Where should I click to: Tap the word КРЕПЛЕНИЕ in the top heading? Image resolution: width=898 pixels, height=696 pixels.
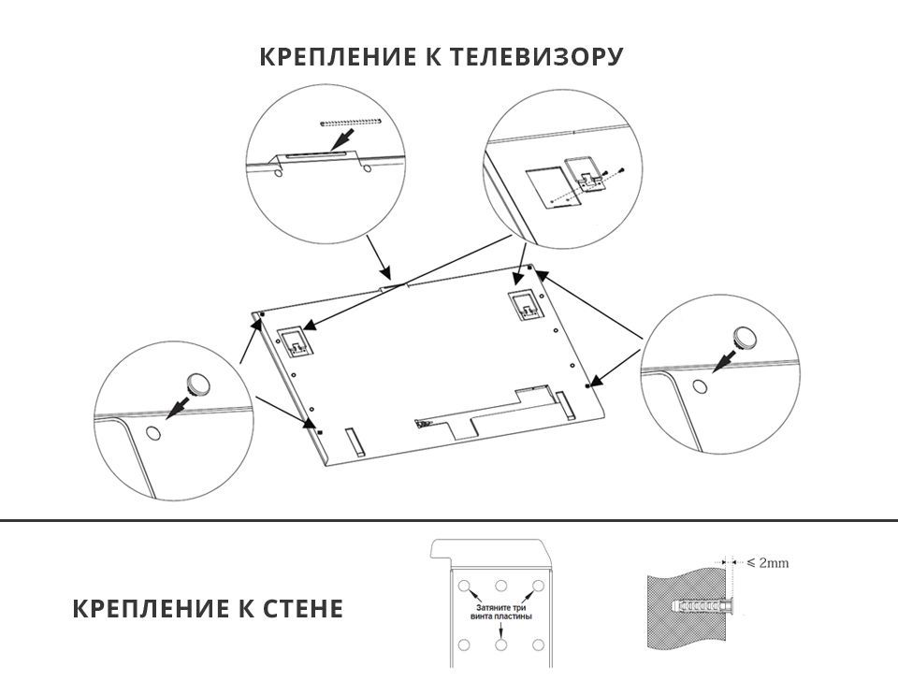click(331, 57)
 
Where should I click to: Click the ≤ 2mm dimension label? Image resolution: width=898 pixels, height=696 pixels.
click(768, 563)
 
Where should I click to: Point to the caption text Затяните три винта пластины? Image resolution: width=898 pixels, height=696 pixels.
click(501, 613)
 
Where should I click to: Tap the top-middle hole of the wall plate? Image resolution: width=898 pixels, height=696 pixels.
click(501, 587)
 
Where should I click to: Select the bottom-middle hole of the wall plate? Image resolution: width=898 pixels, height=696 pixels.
click(501, 645)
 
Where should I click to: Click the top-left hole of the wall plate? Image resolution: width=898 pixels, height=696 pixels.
click(465, 587)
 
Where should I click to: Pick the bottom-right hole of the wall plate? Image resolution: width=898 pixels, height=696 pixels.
click(538, 645)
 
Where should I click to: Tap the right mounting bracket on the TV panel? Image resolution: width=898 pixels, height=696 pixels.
click(524, 303)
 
